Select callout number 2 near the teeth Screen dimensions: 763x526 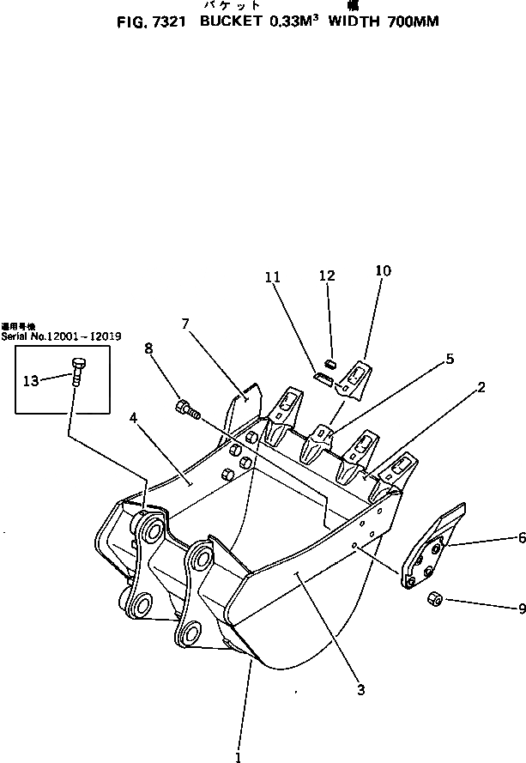482,387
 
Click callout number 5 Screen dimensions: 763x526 449,359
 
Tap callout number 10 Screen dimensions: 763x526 383,270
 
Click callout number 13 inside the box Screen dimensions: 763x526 31,380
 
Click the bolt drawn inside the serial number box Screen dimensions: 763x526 77,374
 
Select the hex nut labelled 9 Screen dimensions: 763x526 435,598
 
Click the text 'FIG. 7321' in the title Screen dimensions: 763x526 152,23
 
